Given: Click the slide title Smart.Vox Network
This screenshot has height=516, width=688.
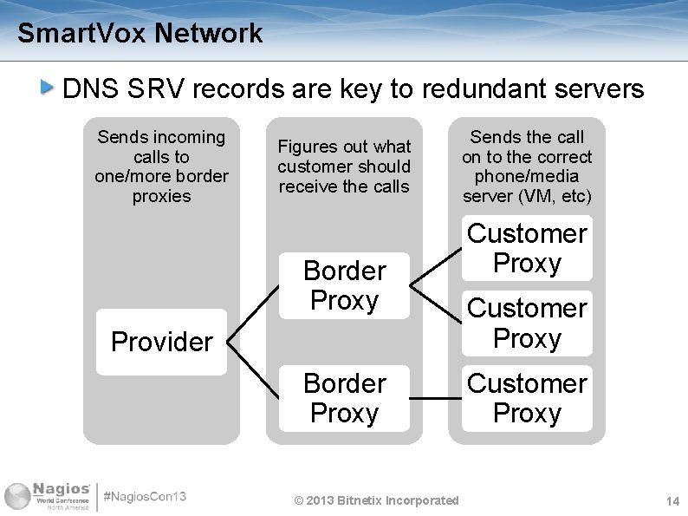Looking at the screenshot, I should click(x=140, y=34).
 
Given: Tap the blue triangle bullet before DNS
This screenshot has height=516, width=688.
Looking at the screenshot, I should click(x=49, y=87).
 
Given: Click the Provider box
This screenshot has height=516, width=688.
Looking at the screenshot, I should click(x=161, y=342).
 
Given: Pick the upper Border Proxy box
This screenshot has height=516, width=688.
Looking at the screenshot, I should click(x=344, y=285).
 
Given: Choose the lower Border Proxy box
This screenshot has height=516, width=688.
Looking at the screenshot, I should click(x=344, y=398).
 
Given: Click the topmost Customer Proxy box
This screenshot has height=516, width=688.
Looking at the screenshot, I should click(x=527, y=248).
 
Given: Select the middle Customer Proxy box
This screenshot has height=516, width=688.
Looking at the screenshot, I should click(x=527, y=323).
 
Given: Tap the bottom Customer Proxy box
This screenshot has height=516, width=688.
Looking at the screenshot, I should click(x=527, y=398).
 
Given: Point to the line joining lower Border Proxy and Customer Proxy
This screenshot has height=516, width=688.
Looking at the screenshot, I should click(x=435, y=399).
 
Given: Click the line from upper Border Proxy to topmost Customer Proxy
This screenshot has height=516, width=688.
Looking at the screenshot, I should click(x=436, y=265).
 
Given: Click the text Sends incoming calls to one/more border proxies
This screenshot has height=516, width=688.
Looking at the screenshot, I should click(x=161, y=167).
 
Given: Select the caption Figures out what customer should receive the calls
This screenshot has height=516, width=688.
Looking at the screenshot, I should click(x=344, y=167).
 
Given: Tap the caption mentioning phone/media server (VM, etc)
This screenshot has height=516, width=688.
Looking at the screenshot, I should click(x=527, y=167).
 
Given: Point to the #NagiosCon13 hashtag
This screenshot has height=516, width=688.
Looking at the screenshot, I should click(x=145, y=498).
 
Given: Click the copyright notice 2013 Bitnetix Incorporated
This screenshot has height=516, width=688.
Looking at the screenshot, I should click(x=376, y=500).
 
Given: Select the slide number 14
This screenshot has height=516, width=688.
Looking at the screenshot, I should click(x=672, y=502).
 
